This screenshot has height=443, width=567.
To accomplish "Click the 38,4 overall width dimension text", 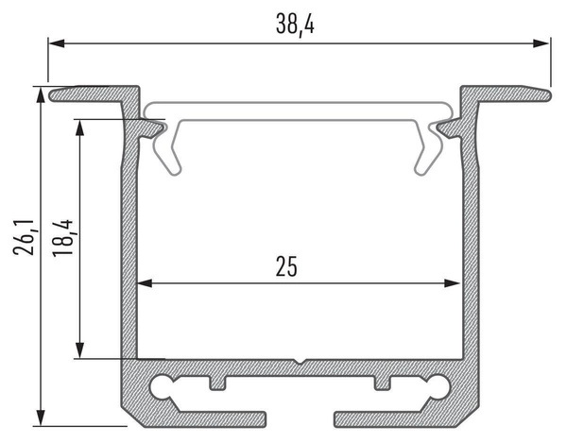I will coord(295,26).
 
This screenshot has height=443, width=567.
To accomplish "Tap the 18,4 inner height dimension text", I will coord(65,236).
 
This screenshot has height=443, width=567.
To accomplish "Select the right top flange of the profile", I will coord(505,94).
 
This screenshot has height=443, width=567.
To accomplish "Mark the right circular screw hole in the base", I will coord(438,385).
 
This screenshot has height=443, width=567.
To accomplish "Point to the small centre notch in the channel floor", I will coord(298,362).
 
